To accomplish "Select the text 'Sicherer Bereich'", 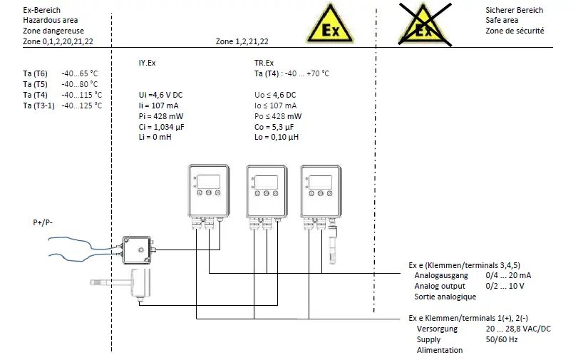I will pyautogui.click(x=514, y=10).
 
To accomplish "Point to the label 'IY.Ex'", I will pyautogui.click(x=146, y=63).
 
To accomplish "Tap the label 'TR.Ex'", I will pyautogui.click(x=264, y=63).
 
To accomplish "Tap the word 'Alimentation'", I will pyautogui.click(x=440, y=350).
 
